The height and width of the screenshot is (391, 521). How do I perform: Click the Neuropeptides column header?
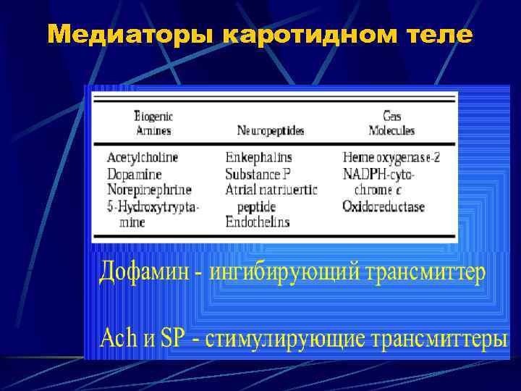[x=271, y=131]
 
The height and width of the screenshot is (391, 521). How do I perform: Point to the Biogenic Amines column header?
[x=155, y=123]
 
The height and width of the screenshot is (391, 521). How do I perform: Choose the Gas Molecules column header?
[x=391, y=123]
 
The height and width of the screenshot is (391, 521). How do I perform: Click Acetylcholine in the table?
[x=143, y=157]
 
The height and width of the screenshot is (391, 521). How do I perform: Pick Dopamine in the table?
[x=134, y=174]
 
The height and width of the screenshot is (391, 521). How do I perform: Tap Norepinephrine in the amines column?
[x=149, y=190]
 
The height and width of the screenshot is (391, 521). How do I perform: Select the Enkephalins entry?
[x=258, y=157]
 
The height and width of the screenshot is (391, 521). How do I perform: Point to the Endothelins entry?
[x=257, y=222]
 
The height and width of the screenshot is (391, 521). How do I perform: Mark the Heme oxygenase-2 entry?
[x=391, y=157]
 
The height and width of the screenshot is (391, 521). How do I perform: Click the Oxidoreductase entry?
[x=384, y=206]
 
